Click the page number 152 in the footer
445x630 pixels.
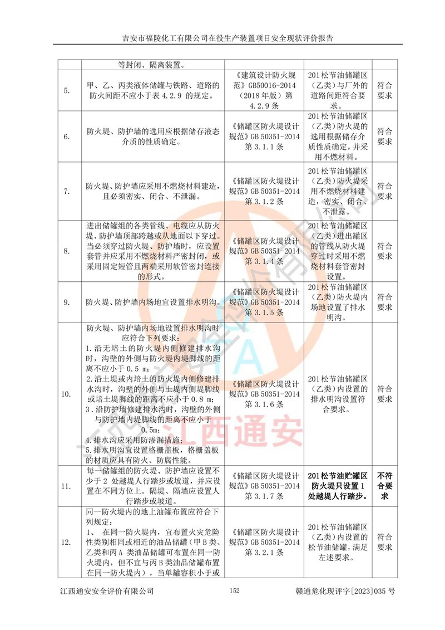coord(234,590)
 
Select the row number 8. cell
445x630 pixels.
coord(66,251)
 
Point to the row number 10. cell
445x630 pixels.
coord(66,394)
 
